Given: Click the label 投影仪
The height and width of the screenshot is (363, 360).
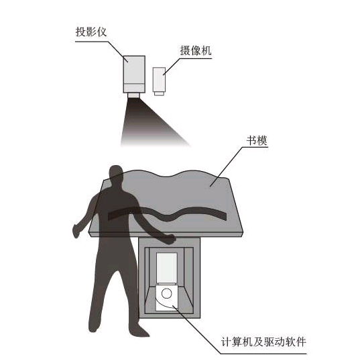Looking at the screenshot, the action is point(91,32).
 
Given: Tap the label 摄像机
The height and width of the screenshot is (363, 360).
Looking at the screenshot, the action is point(196,50).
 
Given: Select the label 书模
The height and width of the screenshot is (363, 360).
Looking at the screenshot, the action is point(257,140).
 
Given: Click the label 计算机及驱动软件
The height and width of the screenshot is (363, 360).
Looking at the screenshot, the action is point(263,342).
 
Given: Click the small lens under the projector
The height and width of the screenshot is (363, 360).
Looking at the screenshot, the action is point(133,95).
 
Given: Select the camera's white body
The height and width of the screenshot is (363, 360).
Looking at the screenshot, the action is point(159,80).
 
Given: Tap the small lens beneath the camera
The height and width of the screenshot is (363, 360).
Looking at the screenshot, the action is point(159,94).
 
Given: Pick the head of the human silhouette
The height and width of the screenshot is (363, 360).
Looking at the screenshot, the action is point(116,174).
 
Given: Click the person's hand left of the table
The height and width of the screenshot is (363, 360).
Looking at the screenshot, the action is point(76,231).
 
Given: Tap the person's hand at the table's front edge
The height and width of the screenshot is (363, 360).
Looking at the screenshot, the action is point(170,239).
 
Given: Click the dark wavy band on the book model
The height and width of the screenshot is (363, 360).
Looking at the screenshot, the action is point(167,213).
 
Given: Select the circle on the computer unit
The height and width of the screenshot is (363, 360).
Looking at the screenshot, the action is point(166,293).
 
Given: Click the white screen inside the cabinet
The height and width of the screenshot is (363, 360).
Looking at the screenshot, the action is point(167,268).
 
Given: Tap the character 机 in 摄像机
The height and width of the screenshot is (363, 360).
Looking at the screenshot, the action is point(206,50).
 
